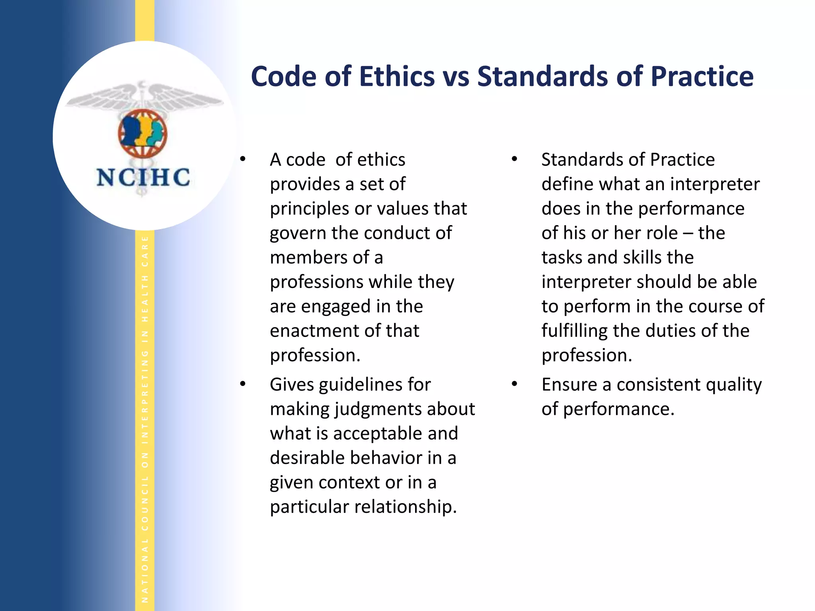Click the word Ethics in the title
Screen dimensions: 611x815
click(x=397, y=76)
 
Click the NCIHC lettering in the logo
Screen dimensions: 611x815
click(x=143, y=177)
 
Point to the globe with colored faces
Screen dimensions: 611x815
click(x=142, y=134)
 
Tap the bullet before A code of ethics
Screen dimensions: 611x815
click(x=243, y=160)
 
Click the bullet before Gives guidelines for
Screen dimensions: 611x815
click(x=243, y=385)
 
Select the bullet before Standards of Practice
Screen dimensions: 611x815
click(x=515, y=160)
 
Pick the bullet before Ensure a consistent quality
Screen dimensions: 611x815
click(x=515, y=385)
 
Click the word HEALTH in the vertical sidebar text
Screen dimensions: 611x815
click(x=145, y=298)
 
